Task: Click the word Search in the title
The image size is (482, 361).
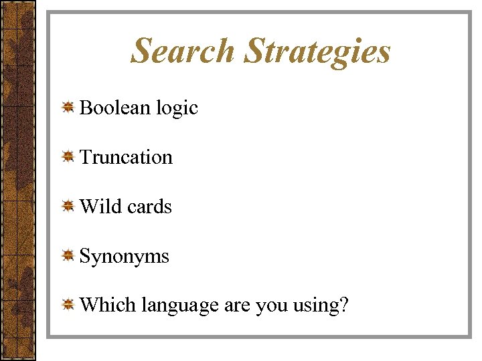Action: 182,51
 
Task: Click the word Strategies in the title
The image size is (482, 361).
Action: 317,52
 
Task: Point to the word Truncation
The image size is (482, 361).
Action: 126,157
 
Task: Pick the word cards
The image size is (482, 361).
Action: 149,207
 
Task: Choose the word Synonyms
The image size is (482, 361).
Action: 124,257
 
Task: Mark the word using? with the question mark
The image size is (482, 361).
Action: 321,306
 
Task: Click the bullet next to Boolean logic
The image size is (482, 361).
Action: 68,108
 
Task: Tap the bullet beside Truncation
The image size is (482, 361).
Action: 68,157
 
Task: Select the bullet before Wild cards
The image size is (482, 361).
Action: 68,207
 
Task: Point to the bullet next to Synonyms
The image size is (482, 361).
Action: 68,256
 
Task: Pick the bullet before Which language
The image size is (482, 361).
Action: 68,306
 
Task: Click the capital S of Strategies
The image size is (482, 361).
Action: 255,51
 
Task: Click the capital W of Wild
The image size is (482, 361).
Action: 88,207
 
